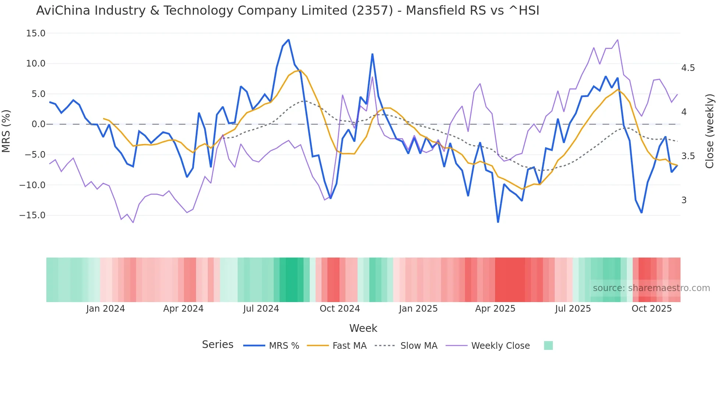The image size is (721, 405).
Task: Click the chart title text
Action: pos(287,11)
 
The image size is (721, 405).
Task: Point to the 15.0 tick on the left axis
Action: pos(36,33)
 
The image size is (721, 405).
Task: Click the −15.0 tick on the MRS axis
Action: pos(32,215)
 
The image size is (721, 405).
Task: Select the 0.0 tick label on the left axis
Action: pos(38,124)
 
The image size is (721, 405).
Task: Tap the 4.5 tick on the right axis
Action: pos(688,68)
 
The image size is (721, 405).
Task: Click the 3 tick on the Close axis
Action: pos(684,200)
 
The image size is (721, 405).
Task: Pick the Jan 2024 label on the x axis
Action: pos(106,309)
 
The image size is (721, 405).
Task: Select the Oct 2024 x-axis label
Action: pos(340,309)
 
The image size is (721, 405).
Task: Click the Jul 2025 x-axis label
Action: pos(573,309)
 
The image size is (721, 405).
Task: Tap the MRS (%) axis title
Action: pos(6,131)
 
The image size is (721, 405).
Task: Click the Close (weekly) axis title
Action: pos(710,131)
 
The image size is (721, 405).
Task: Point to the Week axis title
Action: pos(363,328)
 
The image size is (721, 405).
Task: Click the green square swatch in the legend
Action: pos(548,345)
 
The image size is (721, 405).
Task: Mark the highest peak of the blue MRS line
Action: pos(288,40)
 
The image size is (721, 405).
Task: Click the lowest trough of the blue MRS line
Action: pos(498,222)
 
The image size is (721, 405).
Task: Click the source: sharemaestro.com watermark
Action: pos(651,288)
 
